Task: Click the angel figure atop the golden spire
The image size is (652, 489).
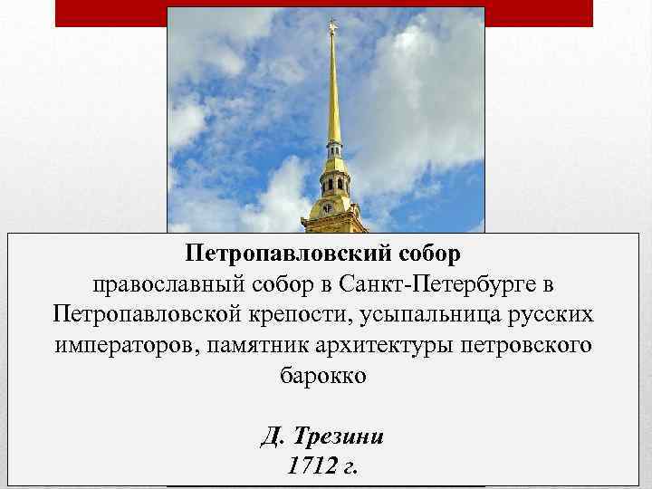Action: [x=332, y=24]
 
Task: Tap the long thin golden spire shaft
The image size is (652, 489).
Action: [x=333, y=91]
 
